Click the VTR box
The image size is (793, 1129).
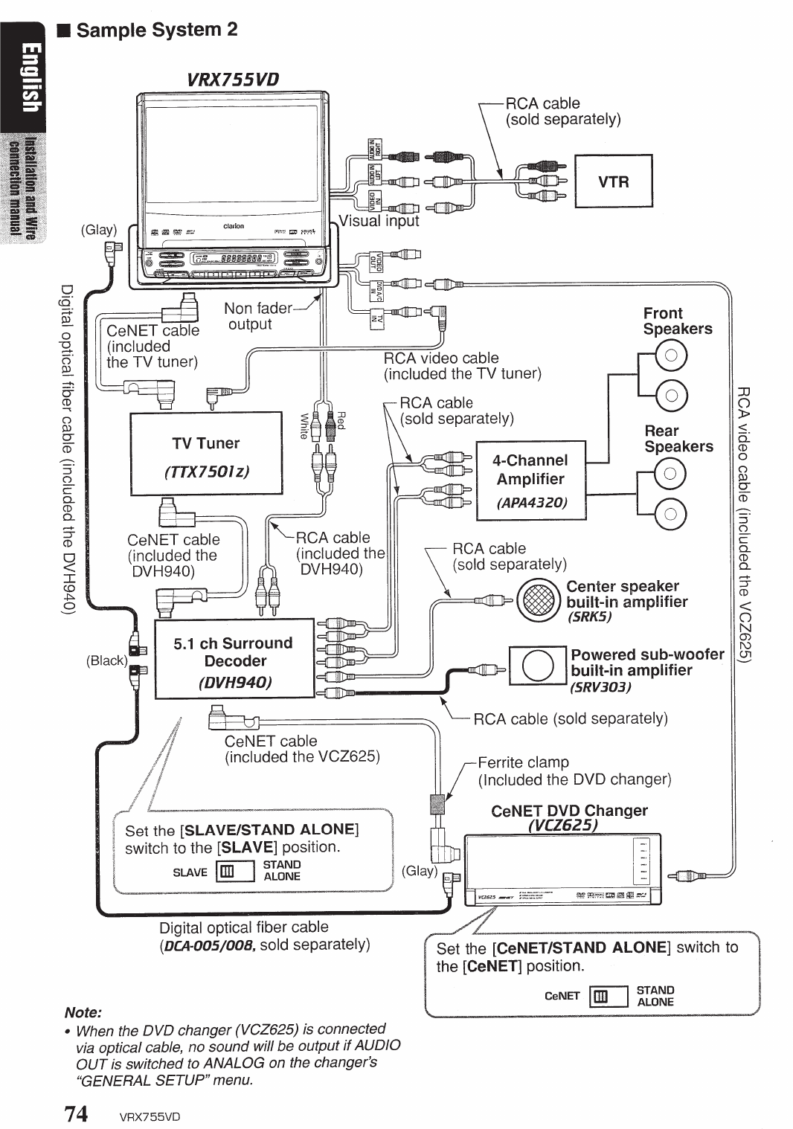tap(614, 181)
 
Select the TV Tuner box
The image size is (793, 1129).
tap(206, 453)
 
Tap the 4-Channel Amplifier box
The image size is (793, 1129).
tap(531, 480)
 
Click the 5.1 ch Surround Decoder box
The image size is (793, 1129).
tap(234, 659)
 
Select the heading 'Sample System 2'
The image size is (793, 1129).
tap(157, 30)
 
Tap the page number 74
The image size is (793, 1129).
tap(77, 1113)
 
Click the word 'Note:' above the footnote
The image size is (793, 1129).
tap(83, 1012)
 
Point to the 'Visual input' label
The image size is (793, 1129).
tap(379, 221)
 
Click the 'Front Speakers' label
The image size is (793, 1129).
tap(677, 321)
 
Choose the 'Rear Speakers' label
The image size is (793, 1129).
tap(678, 439)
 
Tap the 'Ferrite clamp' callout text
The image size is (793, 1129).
tap(523, 762)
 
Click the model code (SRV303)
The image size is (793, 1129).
tap(600, 686)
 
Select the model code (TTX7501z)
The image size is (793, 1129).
tap(206, 472)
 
